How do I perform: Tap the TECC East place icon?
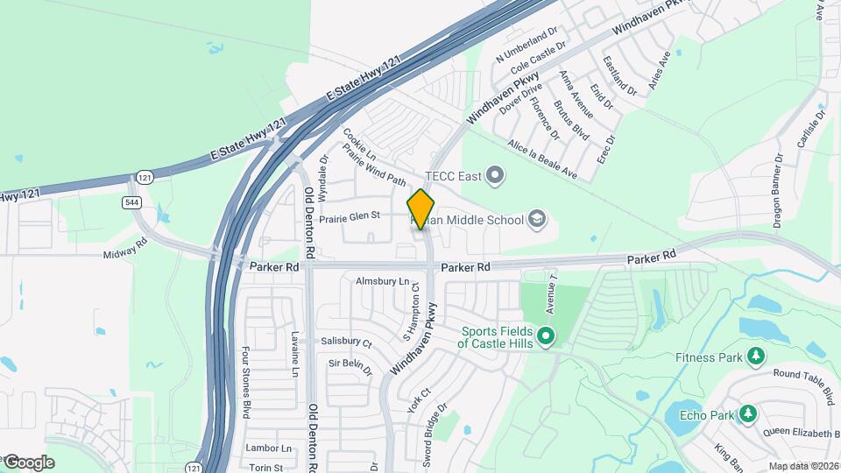pos(496,176)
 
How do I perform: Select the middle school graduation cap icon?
pos(537,219)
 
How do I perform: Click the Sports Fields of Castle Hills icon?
pos(546,336)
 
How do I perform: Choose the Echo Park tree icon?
pos(747,413)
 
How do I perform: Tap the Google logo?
pos(29,462)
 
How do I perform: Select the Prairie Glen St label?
pos(349,215)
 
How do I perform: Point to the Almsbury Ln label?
pos(382,282)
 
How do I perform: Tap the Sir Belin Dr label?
pos(350,366)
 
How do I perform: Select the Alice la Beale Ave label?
pos(542,159)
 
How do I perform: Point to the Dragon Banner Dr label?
pos(778,190)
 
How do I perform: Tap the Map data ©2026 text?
pos(803,466)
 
